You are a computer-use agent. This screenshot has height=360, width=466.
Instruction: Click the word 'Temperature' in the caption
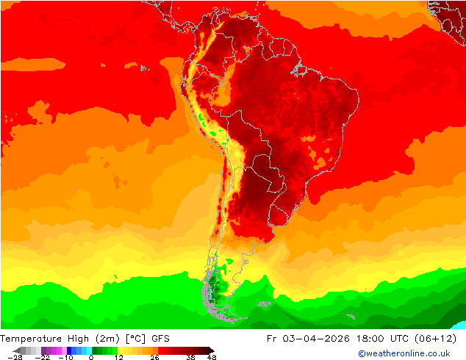[x=32, y=339]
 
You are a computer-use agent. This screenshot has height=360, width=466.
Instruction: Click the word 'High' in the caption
[x=78, y=339]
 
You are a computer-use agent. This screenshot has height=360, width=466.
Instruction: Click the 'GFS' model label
[x=162, y=339]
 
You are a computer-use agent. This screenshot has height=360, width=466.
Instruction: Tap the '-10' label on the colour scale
[x=65, y=357]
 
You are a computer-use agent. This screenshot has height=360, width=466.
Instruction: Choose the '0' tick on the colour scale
[x=91, y=357]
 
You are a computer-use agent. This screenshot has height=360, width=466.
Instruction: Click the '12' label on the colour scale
[x=118, y=357]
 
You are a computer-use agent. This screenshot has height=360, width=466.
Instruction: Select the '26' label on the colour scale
[x=155, y=357]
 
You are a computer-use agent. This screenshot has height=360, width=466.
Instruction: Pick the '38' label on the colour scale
[x=191, y=357]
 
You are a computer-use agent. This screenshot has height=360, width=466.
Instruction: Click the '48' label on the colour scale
[x=212, y=357]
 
